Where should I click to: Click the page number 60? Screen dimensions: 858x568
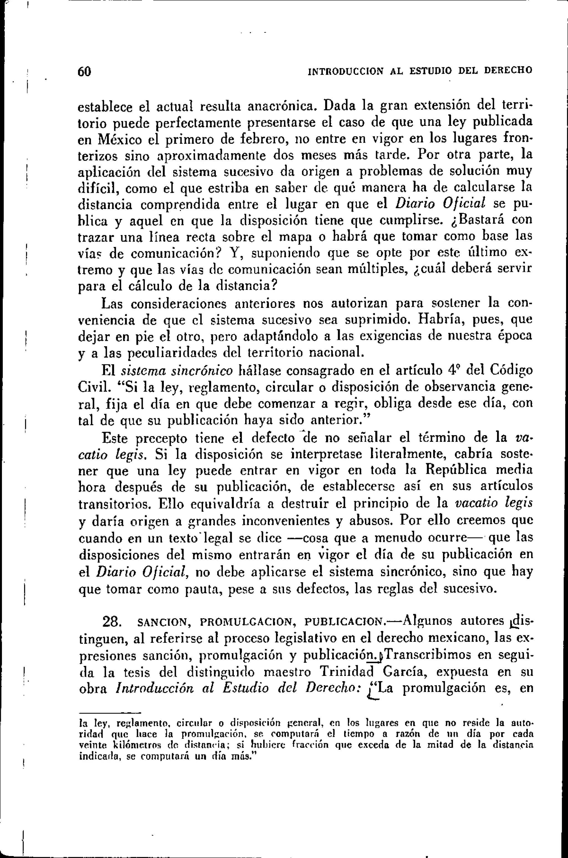pyautogui.click(x=84, y=71)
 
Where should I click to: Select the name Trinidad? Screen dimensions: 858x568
pyautogui.click(x=347, y=672)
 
